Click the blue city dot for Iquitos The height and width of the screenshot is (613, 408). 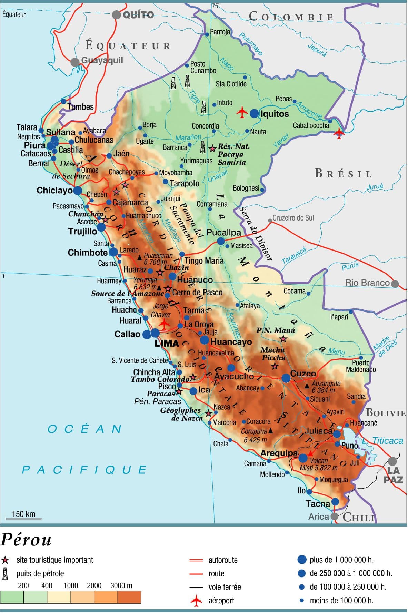click(x=254, y=113)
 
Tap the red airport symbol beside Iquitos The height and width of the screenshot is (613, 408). click(x=242, y=112)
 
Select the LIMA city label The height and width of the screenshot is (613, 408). click(x=167, y=343)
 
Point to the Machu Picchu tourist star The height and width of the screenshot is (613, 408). click(x=275, y=366)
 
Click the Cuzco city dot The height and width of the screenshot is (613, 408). click(x=286, y=378)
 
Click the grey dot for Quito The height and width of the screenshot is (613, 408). click(x=117, y=15)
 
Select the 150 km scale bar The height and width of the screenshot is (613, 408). click(x=24, y=518)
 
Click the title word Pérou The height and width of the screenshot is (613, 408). click(x=26, y=540)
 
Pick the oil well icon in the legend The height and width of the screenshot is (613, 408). click(x=5, y=574)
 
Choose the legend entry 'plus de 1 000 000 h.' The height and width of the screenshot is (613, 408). click(x=341, y=560)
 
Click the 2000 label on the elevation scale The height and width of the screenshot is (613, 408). click(x=94, y=585)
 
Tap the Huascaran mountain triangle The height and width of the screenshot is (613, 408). click(x=139, y=257)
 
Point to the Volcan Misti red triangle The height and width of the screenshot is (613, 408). click(x=310, y=453)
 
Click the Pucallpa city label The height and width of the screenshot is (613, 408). click(x=223, y=232)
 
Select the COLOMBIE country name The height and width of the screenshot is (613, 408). click(x=291, y=17)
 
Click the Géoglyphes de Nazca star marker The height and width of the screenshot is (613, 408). click(x=208, y=413)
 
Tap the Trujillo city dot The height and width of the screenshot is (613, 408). click(x=101, y=227)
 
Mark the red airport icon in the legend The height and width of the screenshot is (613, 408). click(x=196, y=601)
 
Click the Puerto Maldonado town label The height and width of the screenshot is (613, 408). click(x=361, y=366)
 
